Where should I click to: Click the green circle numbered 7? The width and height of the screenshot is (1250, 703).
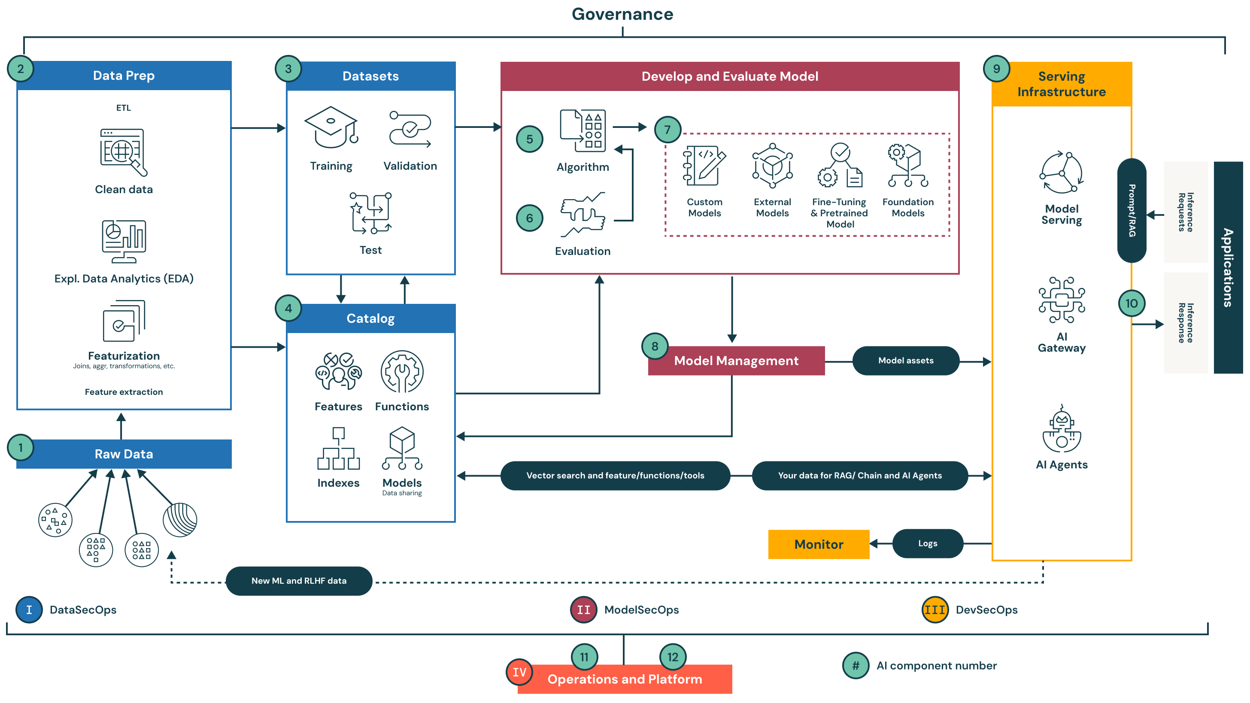coord(667,130)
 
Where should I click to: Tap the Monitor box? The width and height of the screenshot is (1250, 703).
coord(818,544)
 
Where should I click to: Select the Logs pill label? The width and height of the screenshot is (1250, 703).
coord(927,543)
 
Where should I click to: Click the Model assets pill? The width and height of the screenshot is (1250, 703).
coord(905,361)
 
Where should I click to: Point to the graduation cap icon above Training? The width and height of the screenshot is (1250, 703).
coord(331,127)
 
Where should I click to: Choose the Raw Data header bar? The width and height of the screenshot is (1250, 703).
coord(124,454)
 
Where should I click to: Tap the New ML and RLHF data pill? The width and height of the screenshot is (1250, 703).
coord(299,581)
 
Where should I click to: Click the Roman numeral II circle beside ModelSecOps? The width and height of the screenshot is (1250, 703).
coord(583,610)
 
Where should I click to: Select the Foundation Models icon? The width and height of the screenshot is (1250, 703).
coord(907,166)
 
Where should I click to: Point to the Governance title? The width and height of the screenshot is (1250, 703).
coord(622,14)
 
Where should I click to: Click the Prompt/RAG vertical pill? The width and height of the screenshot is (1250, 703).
coord(1131,211)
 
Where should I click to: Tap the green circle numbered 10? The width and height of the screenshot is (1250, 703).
coord(1131,304)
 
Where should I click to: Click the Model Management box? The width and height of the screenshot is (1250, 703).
coord(736,361)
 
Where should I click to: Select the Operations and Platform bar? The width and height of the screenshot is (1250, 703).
coord(625,679)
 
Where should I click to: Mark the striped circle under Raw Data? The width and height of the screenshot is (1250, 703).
coord(180,520)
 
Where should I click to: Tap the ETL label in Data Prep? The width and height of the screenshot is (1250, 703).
coord(123,108)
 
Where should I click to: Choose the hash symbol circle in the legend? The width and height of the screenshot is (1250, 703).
coord(856,666)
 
